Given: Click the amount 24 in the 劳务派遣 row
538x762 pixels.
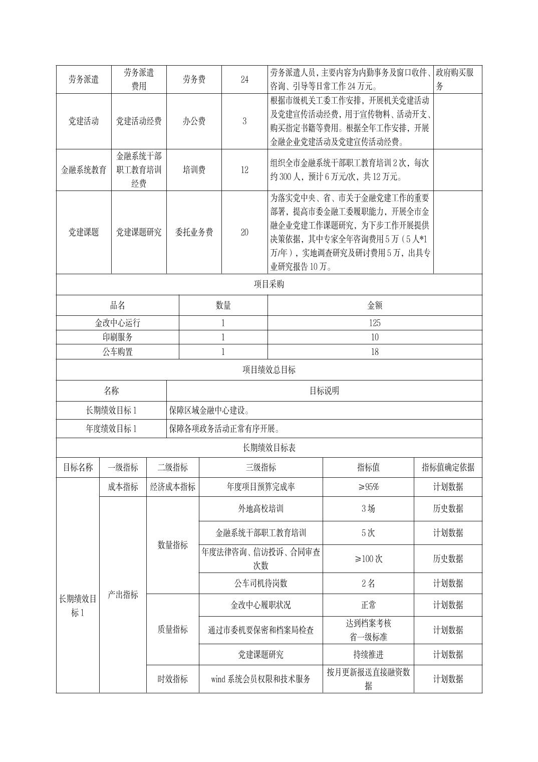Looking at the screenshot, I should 244,79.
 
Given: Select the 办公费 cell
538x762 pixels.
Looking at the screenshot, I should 194,121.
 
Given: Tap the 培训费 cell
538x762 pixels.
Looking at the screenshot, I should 194,170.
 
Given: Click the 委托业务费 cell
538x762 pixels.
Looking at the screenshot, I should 194,232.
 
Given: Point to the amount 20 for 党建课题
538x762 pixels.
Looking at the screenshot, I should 244,232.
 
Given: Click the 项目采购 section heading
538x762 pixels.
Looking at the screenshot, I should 269,284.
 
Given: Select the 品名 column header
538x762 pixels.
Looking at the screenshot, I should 117,305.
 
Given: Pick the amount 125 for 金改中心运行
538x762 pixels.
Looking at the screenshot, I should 374,323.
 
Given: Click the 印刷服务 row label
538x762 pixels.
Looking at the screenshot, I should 117,337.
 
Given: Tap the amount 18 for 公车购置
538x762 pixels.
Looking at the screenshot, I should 374,352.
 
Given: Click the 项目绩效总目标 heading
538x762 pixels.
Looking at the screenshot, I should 269,370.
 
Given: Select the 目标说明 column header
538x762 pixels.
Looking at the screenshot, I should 324,391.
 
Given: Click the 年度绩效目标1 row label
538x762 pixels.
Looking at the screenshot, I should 111,429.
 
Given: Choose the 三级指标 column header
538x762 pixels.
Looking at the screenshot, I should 260,467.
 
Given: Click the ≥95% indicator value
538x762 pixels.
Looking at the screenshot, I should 368,487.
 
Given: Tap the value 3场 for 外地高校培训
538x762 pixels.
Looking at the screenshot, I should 368,508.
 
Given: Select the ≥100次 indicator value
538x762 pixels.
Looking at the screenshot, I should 368,558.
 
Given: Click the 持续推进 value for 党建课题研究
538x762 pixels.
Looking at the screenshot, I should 368,655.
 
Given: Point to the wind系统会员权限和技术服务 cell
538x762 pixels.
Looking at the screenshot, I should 260,679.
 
